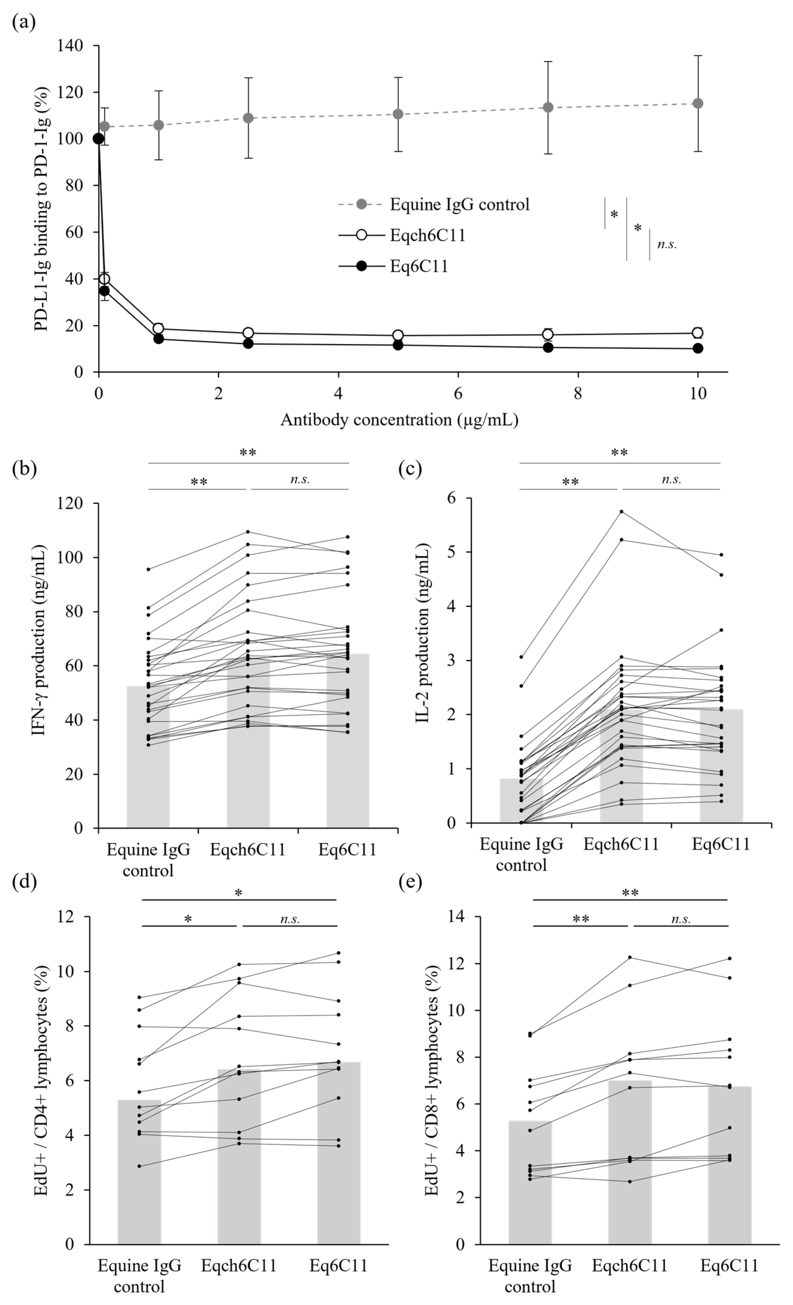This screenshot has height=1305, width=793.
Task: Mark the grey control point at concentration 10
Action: click(x=698, y=103)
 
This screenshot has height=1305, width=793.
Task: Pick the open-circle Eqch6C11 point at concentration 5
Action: click(x=398, y=335)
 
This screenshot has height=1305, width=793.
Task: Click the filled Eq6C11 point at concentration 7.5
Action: click(x=548, y=347)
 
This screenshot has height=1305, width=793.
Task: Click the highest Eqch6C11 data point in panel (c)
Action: click(x=621, y=512)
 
